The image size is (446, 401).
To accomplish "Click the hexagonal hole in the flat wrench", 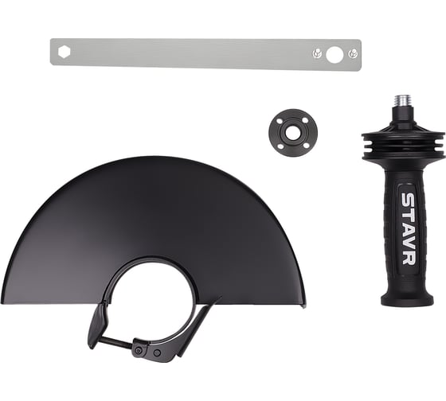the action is point(64,53).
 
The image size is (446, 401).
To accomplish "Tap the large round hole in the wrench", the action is point(334,55).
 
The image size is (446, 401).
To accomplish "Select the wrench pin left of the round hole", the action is point(317,53).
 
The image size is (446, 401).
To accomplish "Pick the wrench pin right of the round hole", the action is point(353,53).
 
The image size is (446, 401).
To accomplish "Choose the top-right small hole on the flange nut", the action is point(305,120).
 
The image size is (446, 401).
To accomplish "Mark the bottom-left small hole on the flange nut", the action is point(280,146).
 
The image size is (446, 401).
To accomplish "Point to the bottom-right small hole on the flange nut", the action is point(306,146).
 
